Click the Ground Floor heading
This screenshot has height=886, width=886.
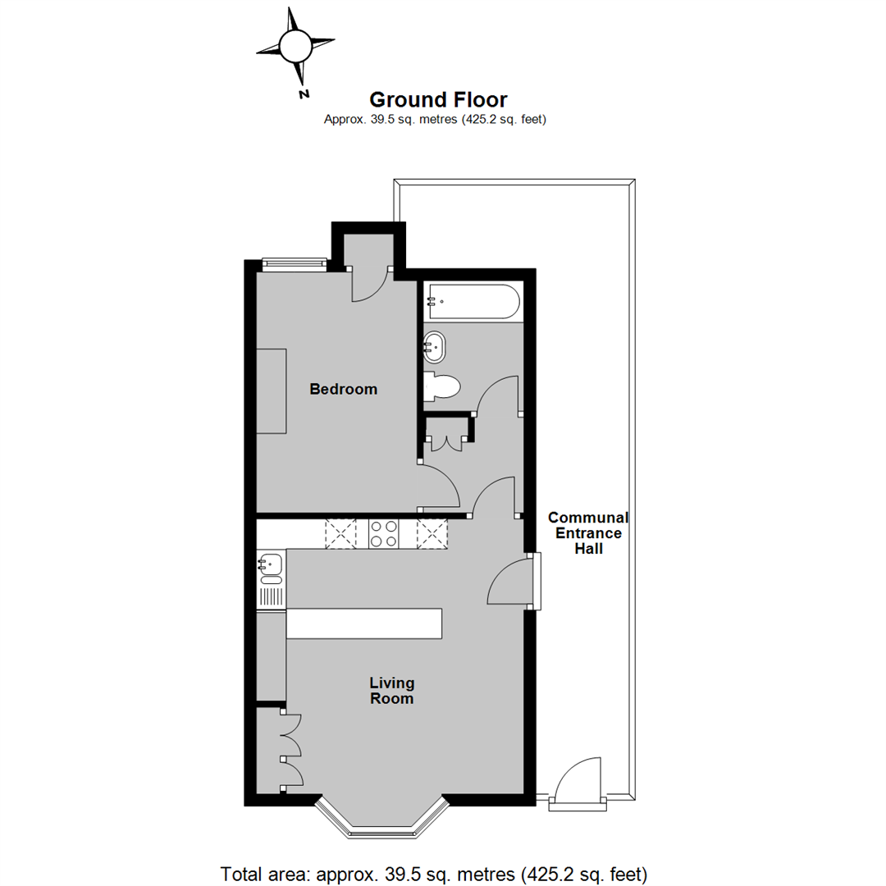coord(437,100)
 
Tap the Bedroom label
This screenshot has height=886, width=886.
coord(343,389)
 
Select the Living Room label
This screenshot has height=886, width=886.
coord(390,691)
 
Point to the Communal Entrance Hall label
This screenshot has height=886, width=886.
coord(587,533)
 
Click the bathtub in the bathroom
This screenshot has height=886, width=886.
coord(472,301)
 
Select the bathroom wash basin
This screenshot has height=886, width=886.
coord(435,346)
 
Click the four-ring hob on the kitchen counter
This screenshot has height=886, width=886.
coord(384,534)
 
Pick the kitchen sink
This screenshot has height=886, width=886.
coord(270,564)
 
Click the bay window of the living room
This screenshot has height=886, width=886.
coord(383,824)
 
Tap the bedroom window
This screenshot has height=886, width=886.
coord(294,263)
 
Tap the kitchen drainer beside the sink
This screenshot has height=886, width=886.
coord(270,592)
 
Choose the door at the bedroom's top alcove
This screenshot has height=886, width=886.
coord(369,285)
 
